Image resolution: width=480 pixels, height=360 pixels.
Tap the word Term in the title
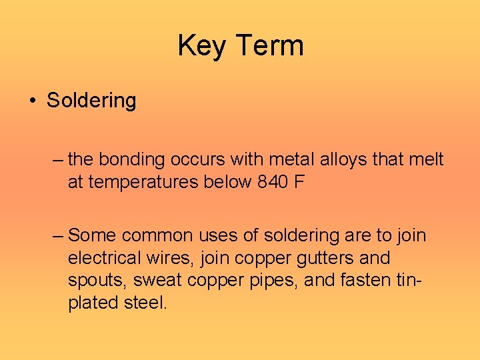click(x=269, y=46)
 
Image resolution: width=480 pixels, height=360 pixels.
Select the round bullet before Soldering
click(x=33, y=101)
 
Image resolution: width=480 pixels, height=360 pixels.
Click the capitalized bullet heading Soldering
click(x=91, y=101)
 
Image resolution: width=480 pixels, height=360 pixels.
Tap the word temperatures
click(x=138, y=182)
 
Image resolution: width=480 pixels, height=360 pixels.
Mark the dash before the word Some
click(x=58, y=235)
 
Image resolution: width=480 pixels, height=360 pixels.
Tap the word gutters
click(x=320, y=258)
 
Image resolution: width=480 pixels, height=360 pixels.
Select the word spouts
click(x=93, y=280)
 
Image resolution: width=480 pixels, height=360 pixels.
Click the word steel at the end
click(x=147, y=303)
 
